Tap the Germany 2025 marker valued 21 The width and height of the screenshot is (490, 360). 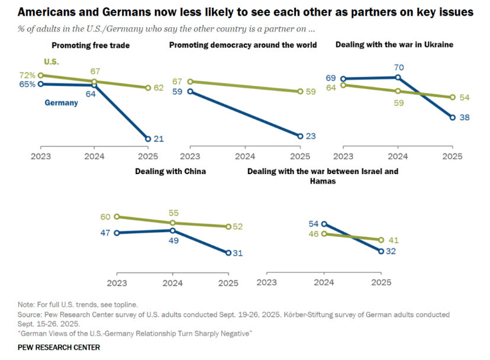coord(147,139)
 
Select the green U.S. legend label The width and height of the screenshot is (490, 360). coord(51,62)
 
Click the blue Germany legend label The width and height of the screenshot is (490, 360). coord(61,102)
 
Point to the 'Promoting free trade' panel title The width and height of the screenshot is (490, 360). coord(91,45)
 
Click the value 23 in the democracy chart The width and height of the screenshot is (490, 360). coord(311,136)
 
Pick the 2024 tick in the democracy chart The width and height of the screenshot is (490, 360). coord(245,157)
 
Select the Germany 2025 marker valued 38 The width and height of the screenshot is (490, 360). coord(453,117)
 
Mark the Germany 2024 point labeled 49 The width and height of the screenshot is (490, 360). coord(172,230)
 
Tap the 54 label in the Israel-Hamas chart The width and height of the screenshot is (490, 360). coord(313,223)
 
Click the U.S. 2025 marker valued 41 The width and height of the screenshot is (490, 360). coord(381,240)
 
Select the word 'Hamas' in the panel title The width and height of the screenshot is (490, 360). coord(323,181)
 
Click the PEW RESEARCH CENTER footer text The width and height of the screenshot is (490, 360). coord(59,347)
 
